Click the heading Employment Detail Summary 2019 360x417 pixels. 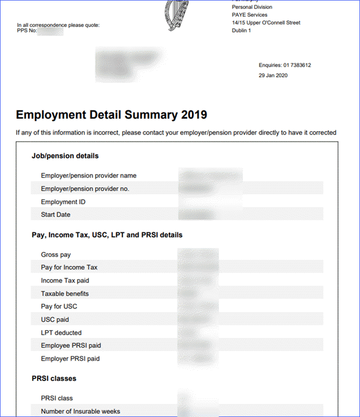tap(112, 115)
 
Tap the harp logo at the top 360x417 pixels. tap(185, 15)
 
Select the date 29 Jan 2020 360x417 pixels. tap(274, 76)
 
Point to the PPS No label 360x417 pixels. tap(27, 31)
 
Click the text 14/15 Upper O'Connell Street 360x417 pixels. tap(266, 23)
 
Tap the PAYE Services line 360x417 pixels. tap(250, 15)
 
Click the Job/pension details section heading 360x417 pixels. tap(65, 156)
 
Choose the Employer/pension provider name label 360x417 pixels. tap(89, 176)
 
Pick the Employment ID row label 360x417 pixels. tap(63, 202)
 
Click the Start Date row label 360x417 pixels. tap(56, 215)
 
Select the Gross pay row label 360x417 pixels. tap(56, 255)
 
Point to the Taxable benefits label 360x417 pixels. tap(65, 294)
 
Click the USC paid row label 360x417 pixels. tap(55, 320)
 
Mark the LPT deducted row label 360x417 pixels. tap(61, 333)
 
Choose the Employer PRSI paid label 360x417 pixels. tap(70, 359)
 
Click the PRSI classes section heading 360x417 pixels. tap(54, 379)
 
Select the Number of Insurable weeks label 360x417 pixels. tap(80, 411)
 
